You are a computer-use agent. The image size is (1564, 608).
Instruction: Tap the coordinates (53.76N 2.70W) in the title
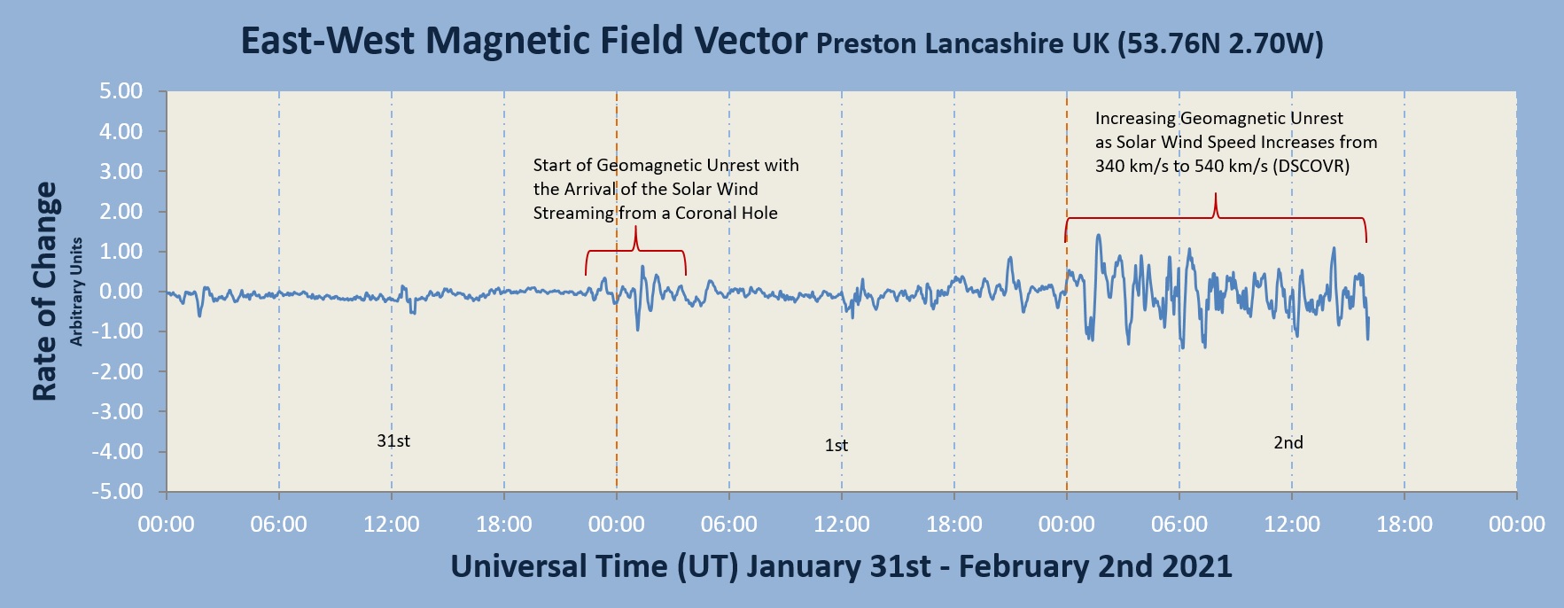[x=1220, y=44]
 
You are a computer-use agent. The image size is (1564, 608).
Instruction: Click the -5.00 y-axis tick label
[x=118, y=492]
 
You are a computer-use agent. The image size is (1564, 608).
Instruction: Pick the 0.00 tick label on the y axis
[x=121, y=292]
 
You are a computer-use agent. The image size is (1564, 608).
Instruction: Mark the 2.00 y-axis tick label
[x=121, y=212]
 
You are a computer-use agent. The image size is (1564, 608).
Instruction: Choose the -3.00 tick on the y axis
[x=118, y=412]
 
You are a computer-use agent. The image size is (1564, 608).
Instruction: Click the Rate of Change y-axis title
[x=44, y=292]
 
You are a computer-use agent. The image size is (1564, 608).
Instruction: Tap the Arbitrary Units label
[x=76, y=292]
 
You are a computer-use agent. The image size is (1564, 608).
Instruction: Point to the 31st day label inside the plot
[x=393, y=440]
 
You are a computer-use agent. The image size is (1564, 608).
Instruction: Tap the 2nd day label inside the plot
[x=1288, y=442]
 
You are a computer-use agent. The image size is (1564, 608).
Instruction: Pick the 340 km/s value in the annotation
[x=1132, y=166]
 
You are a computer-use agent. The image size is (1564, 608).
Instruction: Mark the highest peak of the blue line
[x=1099, y=236]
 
